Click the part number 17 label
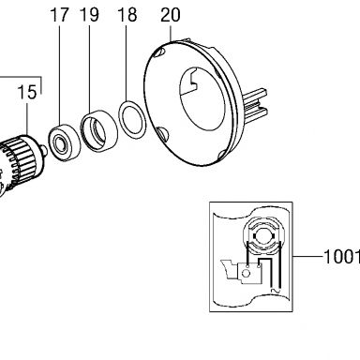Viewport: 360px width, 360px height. point(59,15)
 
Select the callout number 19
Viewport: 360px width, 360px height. point(89,15)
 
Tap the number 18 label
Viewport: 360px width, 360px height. point(127,15)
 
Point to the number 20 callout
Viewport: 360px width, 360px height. point(171,15)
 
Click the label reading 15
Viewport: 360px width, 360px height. point(27,93)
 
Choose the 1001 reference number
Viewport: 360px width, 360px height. point(342,257)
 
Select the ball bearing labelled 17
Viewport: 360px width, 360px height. point(64,142)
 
